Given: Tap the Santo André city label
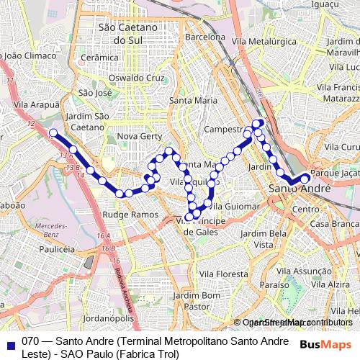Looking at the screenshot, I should [299, 189].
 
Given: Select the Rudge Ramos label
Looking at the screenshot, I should [130, 215].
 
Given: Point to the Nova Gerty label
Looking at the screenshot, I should [138, 136].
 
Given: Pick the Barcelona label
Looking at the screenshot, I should [204, 37].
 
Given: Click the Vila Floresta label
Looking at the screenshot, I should [223, 274].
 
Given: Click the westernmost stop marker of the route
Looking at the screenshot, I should [53, 132].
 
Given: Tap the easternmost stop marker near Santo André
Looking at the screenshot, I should [305, 179].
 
